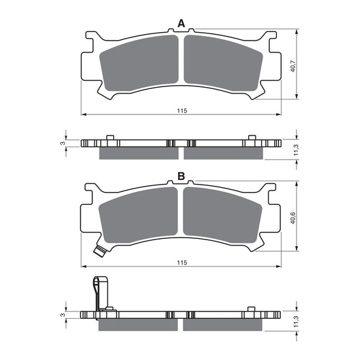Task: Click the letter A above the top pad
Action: pos(182,24)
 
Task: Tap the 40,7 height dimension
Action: pos(293,65)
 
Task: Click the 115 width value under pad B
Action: pos(182,262)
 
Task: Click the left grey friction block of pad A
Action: pos(139,62)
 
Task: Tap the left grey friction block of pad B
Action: pos(139,215)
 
